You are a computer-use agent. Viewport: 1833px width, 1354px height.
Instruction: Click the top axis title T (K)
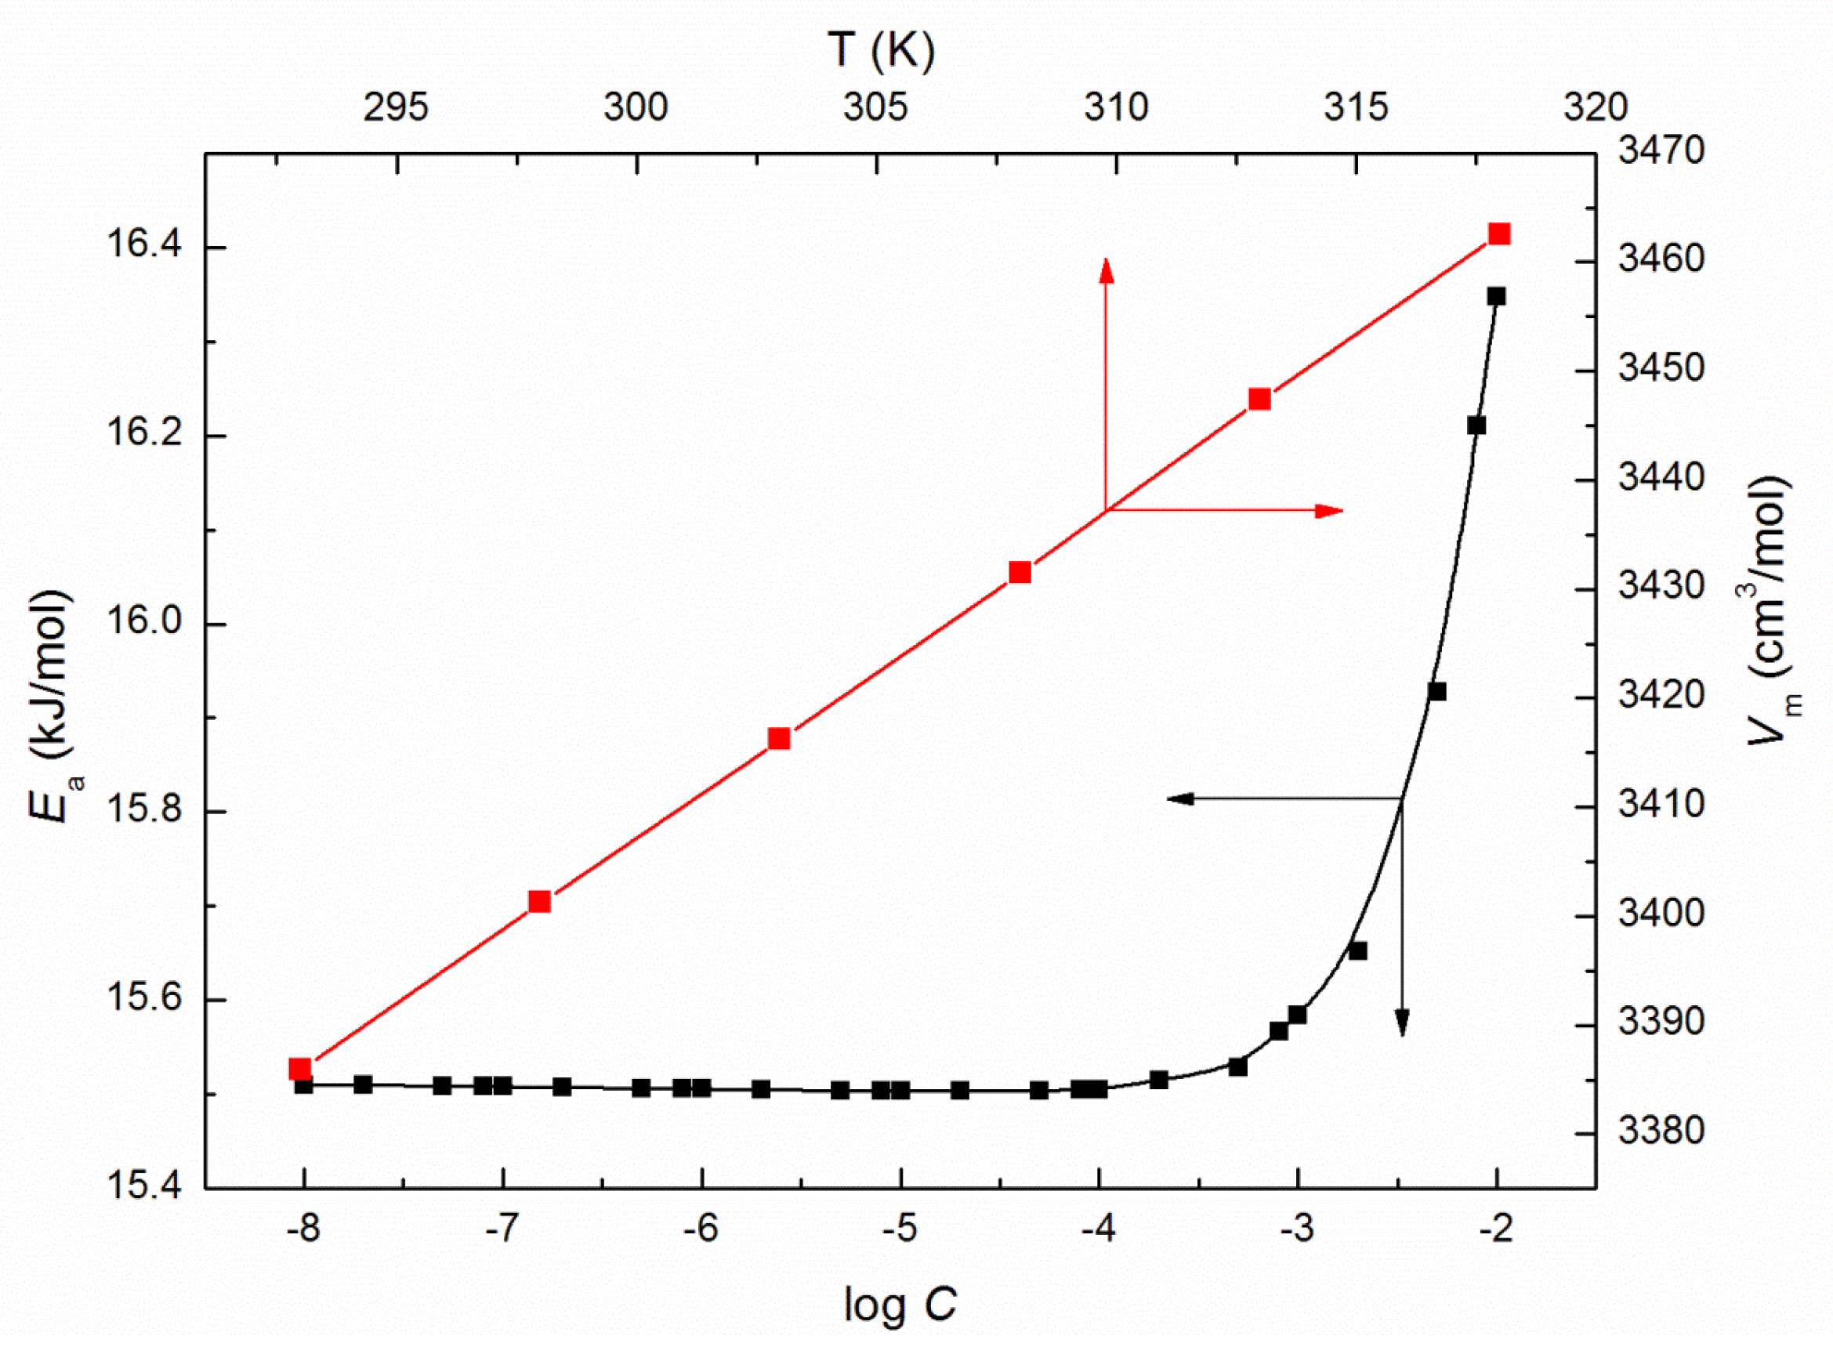[x=882, y=51]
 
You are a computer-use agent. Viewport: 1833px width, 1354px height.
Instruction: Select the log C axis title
[x=900, y=1304]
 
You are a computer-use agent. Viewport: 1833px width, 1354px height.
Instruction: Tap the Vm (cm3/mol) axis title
[x=1770, y=610]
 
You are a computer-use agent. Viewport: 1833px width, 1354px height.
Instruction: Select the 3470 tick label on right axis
[x=1661, y=150]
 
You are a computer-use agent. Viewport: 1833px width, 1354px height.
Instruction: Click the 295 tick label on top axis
[x=396, y=107]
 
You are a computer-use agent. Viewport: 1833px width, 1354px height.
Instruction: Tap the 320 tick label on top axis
[x=1596, y=107]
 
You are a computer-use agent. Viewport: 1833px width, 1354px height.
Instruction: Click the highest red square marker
[x=1499, y=234]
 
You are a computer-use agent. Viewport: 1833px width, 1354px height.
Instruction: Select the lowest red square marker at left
[x=300, y=1069]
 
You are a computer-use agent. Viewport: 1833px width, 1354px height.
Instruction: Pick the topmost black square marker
[x=1496, y=296]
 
